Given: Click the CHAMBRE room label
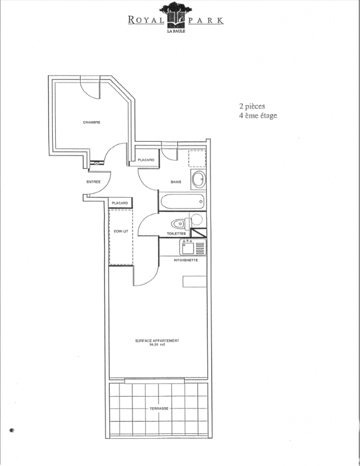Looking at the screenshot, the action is [91, 122].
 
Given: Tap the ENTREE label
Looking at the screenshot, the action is [93, 182].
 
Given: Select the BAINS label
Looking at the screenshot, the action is [176, 182].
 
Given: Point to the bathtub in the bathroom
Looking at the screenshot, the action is [183, 202].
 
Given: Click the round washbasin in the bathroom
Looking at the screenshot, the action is [198, 179].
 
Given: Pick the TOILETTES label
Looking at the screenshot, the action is [176, 234].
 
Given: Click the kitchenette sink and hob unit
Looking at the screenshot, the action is [193, 248].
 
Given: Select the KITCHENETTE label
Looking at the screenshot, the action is [186, 260].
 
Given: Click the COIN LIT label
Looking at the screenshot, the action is [121, 231].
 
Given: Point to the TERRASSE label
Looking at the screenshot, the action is [159, 408].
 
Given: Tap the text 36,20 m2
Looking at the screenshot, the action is [157, 345].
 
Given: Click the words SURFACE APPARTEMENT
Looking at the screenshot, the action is [157, 341].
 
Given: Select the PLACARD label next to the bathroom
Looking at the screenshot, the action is [146, 160].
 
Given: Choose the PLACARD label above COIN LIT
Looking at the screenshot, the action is [120, 203].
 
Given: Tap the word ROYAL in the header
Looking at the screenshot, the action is [146, 20].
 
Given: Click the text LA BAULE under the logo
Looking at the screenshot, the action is [176, 31].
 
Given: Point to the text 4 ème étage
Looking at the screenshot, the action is [258, 116].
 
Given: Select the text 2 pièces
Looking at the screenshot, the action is [252, 106].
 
